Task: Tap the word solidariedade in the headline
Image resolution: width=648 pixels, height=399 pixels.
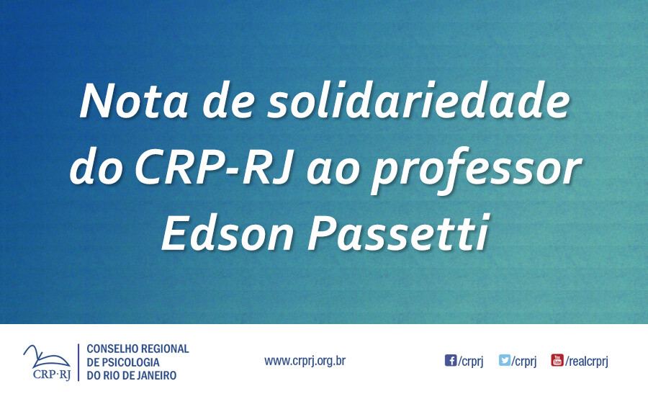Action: [x=416, y=102]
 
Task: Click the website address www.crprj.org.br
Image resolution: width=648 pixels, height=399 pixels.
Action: [x=305, y=360]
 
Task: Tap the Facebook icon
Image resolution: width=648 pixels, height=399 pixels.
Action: [x=451, y=360]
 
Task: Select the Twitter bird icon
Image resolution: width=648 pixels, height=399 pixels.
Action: [x=505, y=360]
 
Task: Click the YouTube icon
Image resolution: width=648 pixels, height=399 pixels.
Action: [x=557, y=360]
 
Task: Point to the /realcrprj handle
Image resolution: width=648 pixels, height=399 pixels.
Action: [x=587, y=362]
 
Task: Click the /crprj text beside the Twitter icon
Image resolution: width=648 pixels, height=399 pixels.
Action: [x=525, y=362]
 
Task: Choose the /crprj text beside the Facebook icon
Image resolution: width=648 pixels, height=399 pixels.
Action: [x=471, y=362]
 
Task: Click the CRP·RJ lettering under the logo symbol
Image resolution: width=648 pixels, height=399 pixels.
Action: [x=52, y=374]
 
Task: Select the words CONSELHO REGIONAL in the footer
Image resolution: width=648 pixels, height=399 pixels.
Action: [x=138, y=349]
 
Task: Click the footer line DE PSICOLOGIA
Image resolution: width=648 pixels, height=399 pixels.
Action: [x=123, y=362]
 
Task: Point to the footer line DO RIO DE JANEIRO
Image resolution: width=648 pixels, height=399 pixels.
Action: [x=131, y=375]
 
